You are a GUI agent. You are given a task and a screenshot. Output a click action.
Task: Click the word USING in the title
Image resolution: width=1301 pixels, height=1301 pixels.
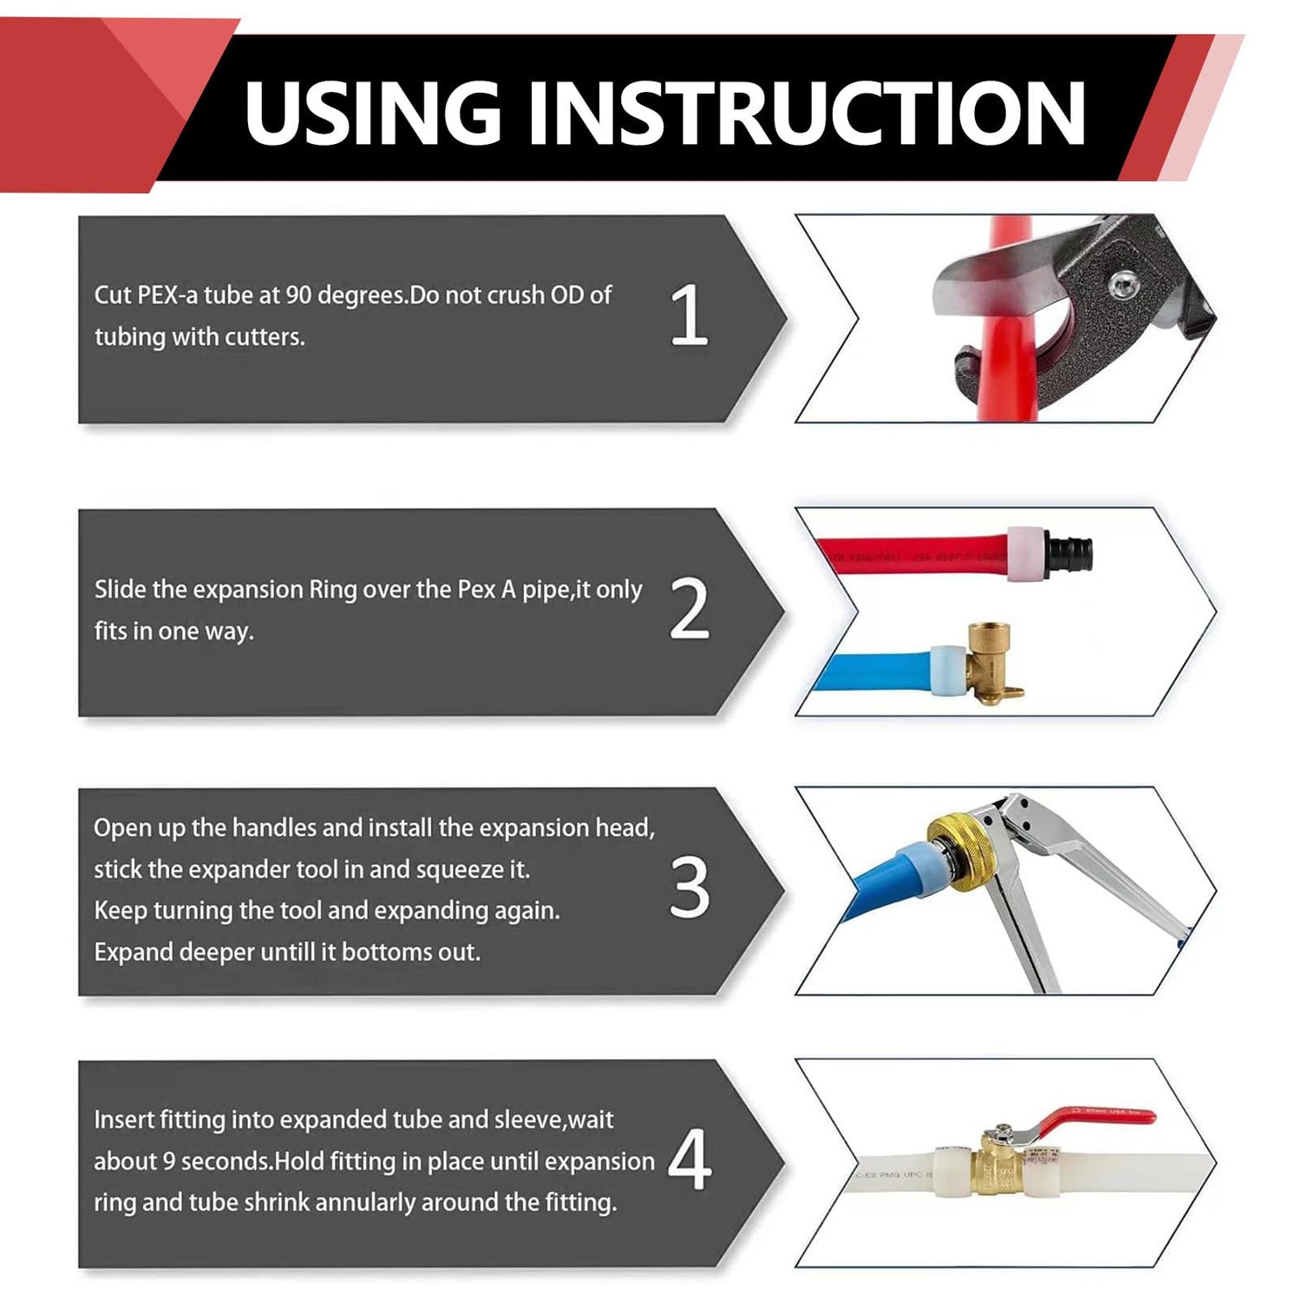pos(373,112)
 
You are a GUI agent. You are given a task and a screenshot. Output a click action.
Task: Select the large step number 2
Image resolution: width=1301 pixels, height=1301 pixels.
pos(690,609)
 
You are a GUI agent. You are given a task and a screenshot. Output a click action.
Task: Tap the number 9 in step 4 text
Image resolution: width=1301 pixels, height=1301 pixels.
pos(170,1161)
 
